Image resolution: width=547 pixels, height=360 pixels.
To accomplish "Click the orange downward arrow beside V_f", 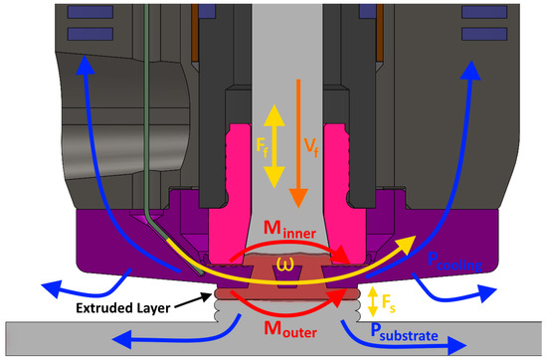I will pos(295,149).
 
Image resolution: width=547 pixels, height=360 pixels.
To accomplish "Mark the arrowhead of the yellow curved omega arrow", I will pos(410,243).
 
